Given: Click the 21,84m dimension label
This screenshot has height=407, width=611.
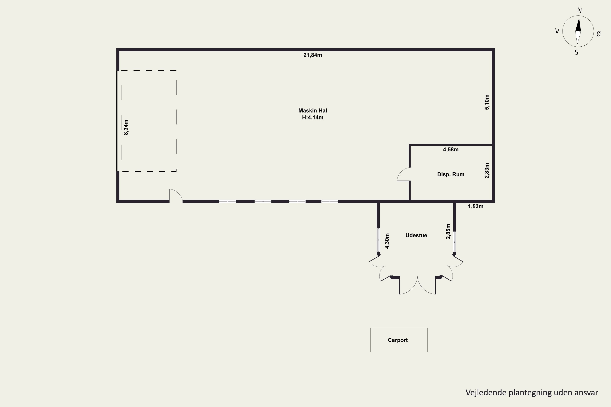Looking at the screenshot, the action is click(312, 55).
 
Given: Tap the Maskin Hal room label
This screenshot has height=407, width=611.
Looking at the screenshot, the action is click(312, 111).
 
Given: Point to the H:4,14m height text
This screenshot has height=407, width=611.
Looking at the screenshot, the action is click(312, 118).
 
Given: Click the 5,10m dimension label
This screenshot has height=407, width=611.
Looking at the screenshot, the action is click(487, 102).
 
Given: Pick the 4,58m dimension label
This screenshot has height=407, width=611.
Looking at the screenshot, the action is click(451, 150).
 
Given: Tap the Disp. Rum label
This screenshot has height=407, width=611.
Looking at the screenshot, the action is click(451, 174).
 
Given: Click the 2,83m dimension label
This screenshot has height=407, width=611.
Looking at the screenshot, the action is click(487, 171).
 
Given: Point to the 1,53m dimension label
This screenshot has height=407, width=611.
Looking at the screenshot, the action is click(476, 206).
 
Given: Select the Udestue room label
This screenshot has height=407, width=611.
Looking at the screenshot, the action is click(416, 235).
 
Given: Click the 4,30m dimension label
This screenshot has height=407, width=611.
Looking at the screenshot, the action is click(387, 241).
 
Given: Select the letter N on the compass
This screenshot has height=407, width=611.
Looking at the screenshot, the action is click(579, 10).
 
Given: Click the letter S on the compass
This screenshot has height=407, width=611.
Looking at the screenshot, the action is click(576, 53).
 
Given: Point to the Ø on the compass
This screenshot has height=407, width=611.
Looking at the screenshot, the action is click(599, 34).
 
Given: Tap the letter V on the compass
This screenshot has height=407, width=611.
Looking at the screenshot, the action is click(557, 31).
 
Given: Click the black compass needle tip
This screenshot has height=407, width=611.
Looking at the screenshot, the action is click(579, 18).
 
